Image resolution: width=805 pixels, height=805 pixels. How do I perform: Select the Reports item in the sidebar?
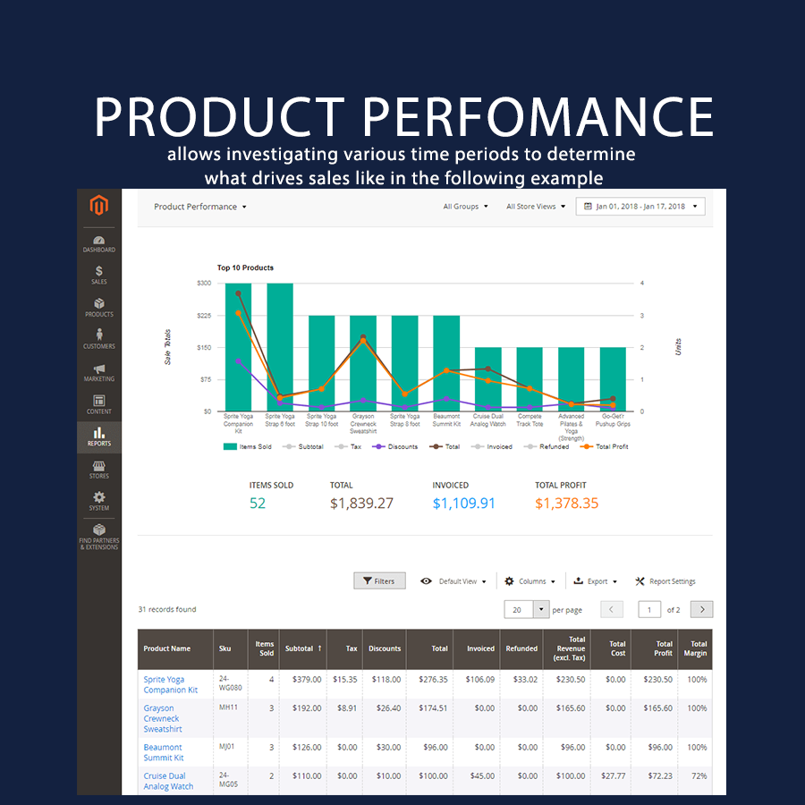click(x=98, y=436)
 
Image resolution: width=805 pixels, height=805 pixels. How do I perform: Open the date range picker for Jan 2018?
click(x=640, y=207)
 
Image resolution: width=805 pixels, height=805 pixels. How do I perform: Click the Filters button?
click(x=379, y=581)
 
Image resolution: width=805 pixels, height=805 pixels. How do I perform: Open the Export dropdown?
click(x=595, y=581)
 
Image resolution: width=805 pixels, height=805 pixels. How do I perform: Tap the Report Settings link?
click(x=665, y=581)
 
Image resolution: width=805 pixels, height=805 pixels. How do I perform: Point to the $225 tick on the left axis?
click(x=204, y=315)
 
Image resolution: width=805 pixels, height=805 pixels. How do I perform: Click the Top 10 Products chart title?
click(x=245, y=267)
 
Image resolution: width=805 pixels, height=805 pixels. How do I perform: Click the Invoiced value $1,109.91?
click(x=463, y=504)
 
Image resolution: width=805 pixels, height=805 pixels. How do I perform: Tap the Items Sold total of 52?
click(x=258, y=504)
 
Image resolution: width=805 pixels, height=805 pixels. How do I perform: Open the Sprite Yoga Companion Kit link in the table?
click(x=170, y=684)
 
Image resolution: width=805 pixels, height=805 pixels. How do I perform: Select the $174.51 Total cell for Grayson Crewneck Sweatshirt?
click(x=433, y=708)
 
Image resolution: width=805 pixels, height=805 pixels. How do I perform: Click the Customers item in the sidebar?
click(x=98, y=339)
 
